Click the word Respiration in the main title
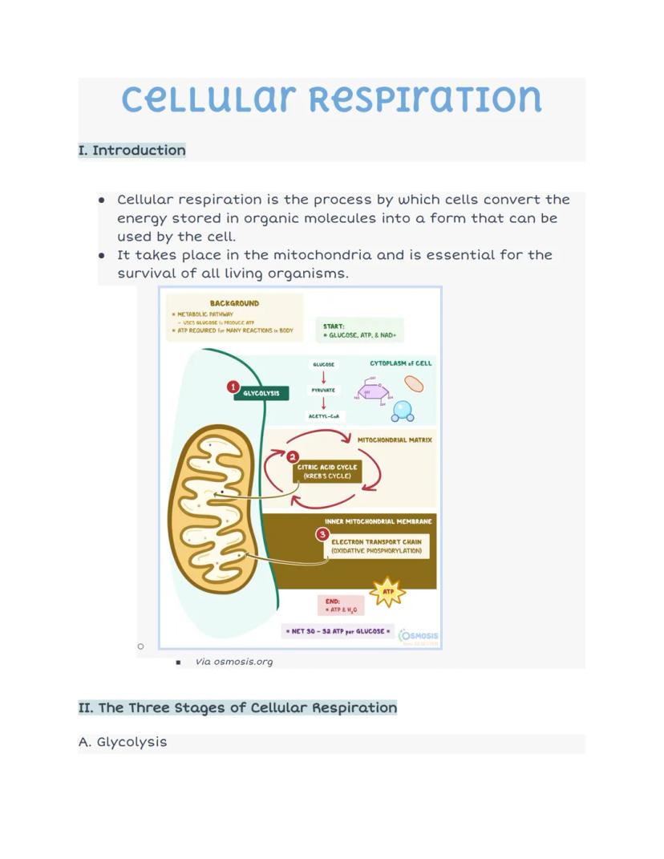(425, 99)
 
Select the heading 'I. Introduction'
(132, 151)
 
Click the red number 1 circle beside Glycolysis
(233, 387)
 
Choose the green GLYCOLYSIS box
(261, 394)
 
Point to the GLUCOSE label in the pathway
(323, 364)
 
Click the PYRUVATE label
(323, 390)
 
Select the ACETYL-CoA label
(323, 416)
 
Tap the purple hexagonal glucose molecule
(374, 393)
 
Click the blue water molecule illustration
(403, 411)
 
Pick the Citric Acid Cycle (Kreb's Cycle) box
(327, 472)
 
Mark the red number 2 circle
(293, 456)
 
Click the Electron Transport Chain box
(376, 546)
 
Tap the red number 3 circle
(322, 533)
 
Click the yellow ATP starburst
(389, 592)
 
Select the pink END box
(341, 606)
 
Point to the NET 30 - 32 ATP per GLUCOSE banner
(338, 631)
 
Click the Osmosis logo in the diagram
(419, 637)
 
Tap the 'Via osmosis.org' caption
(234, 662)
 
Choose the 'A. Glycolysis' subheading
(123, 742)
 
